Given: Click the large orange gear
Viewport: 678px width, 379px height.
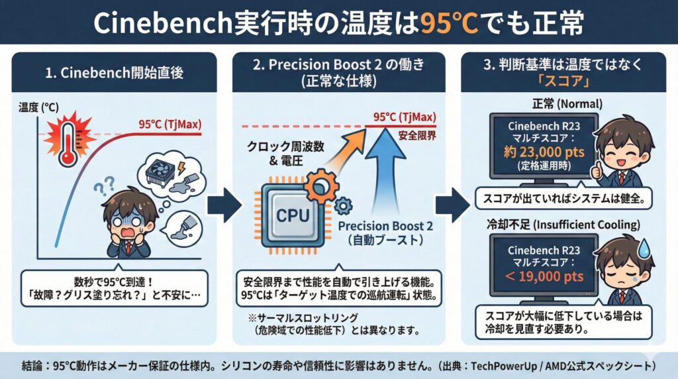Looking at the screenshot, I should tap(325, 180).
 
